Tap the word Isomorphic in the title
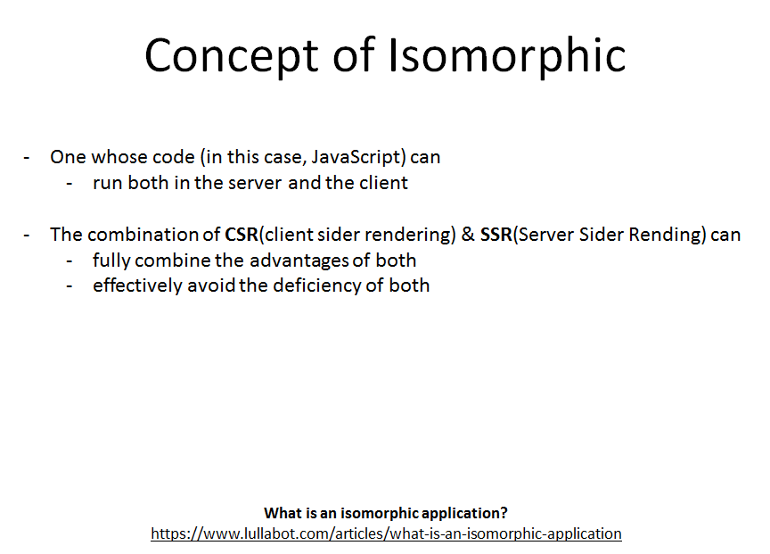(x=507, y=56)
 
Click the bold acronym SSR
(x=496, y=235)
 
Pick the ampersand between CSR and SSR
(x=467, y=235)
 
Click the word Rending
(x=676, y=235)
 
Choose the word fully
(x=110, y=260)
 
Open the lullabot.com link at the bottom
(x=386, y=533)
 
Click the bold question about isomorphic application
(x=386, y=513)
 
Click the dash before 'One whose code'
(x=28, y=157)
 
